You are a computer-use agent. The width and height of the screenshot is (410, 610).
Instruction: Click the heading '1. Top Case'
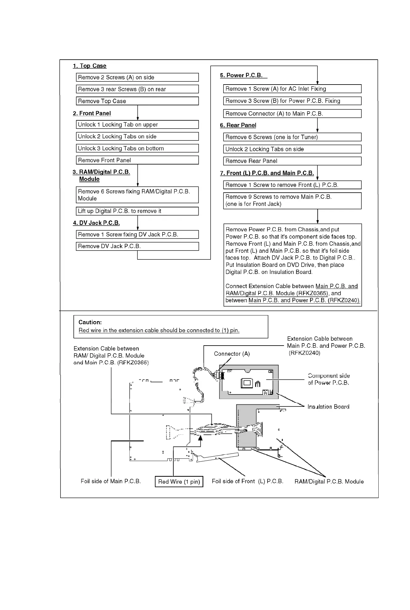(89, 66)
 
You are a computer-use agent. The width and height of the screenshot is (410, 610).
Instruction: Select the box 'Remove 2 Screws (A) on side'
(137, 77)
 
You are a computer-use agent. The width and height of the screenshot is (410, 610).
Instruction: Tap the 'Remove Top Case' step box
(137, 101)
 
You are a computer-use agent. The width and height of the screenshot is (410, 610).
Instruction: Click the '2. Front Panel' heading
(92, 113)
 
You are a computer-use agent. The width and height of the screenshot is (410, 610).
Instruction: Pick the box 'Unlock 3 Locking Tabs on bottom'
(137, 148)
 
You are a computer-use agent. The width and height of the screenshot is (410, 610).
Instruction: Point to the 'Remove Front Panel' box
(137, 160)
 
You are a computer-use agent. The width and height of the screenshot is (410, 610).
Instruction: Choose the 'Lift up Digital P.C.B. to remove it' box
(137, 211)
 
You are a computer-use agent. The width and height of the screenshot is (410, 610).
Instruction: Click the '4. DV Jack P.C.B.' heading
(96, 223)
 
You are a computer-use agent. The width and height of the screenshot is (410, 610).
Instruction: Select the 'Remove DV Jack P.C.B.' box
(137, 246)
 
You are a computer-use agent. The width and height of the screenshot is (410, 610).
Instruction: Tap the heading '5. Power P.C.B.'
(241, 75)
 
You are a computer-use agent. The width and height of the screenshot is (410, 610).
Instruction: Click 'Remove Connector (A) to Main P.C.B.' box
(292, 113)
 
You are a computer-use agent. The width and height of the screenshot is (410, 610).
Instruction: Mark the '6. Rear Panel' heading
(238, 125)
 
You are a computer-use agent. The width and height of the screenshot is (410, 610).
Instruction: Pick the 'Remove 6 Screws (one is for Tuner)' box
(292, 137)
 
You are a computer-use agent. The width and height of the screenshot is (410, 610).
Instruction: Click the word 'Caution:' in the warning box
(90, 322)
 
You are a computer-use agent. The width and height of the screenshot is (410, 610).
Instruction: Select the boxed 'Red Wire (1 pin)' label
(179, 481)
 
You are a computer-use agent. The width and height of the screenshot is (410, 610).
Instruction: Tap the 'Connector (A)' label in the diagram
(232, 354)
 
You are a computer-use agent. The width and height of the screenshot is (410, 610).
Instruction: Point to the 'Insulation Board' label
(328, 407)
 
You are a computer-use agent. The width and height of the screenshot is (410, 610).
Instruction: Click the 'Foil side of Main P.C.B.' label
(111, 481)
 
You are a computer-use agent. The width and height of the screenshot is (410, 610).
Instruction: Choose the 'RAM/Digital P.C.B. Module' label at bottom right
(329, 481)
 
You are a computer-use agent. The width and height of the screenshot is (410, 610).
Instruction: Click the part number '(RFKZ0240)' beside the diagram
(304, 353)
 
